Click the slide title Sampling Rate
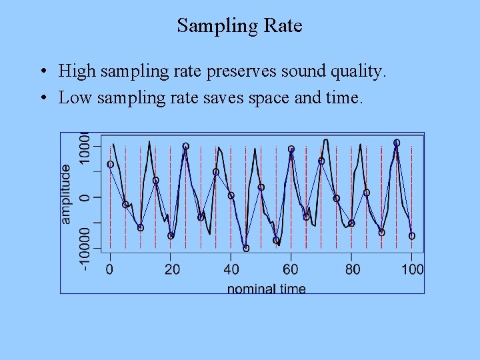coord(239,26)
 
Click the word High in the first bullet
coord(77,71)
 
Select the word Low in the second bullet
coord(75,98)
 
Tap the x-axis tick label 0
coord(110,269)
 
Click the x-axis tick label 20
coord(171,269)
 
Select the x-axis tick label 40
coord(231,269)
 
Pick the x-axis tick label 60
coord(291,269)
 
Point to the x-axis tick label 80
coord(352,269)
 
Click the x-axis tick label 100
coord(412,269)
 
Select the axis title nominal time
coord(266,289)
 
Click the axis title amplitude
coord(66,194)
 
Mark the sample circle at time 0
coord(110,164)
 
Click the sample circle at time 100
coord(412,236)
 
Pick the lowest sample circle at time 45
coord(246,248)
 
